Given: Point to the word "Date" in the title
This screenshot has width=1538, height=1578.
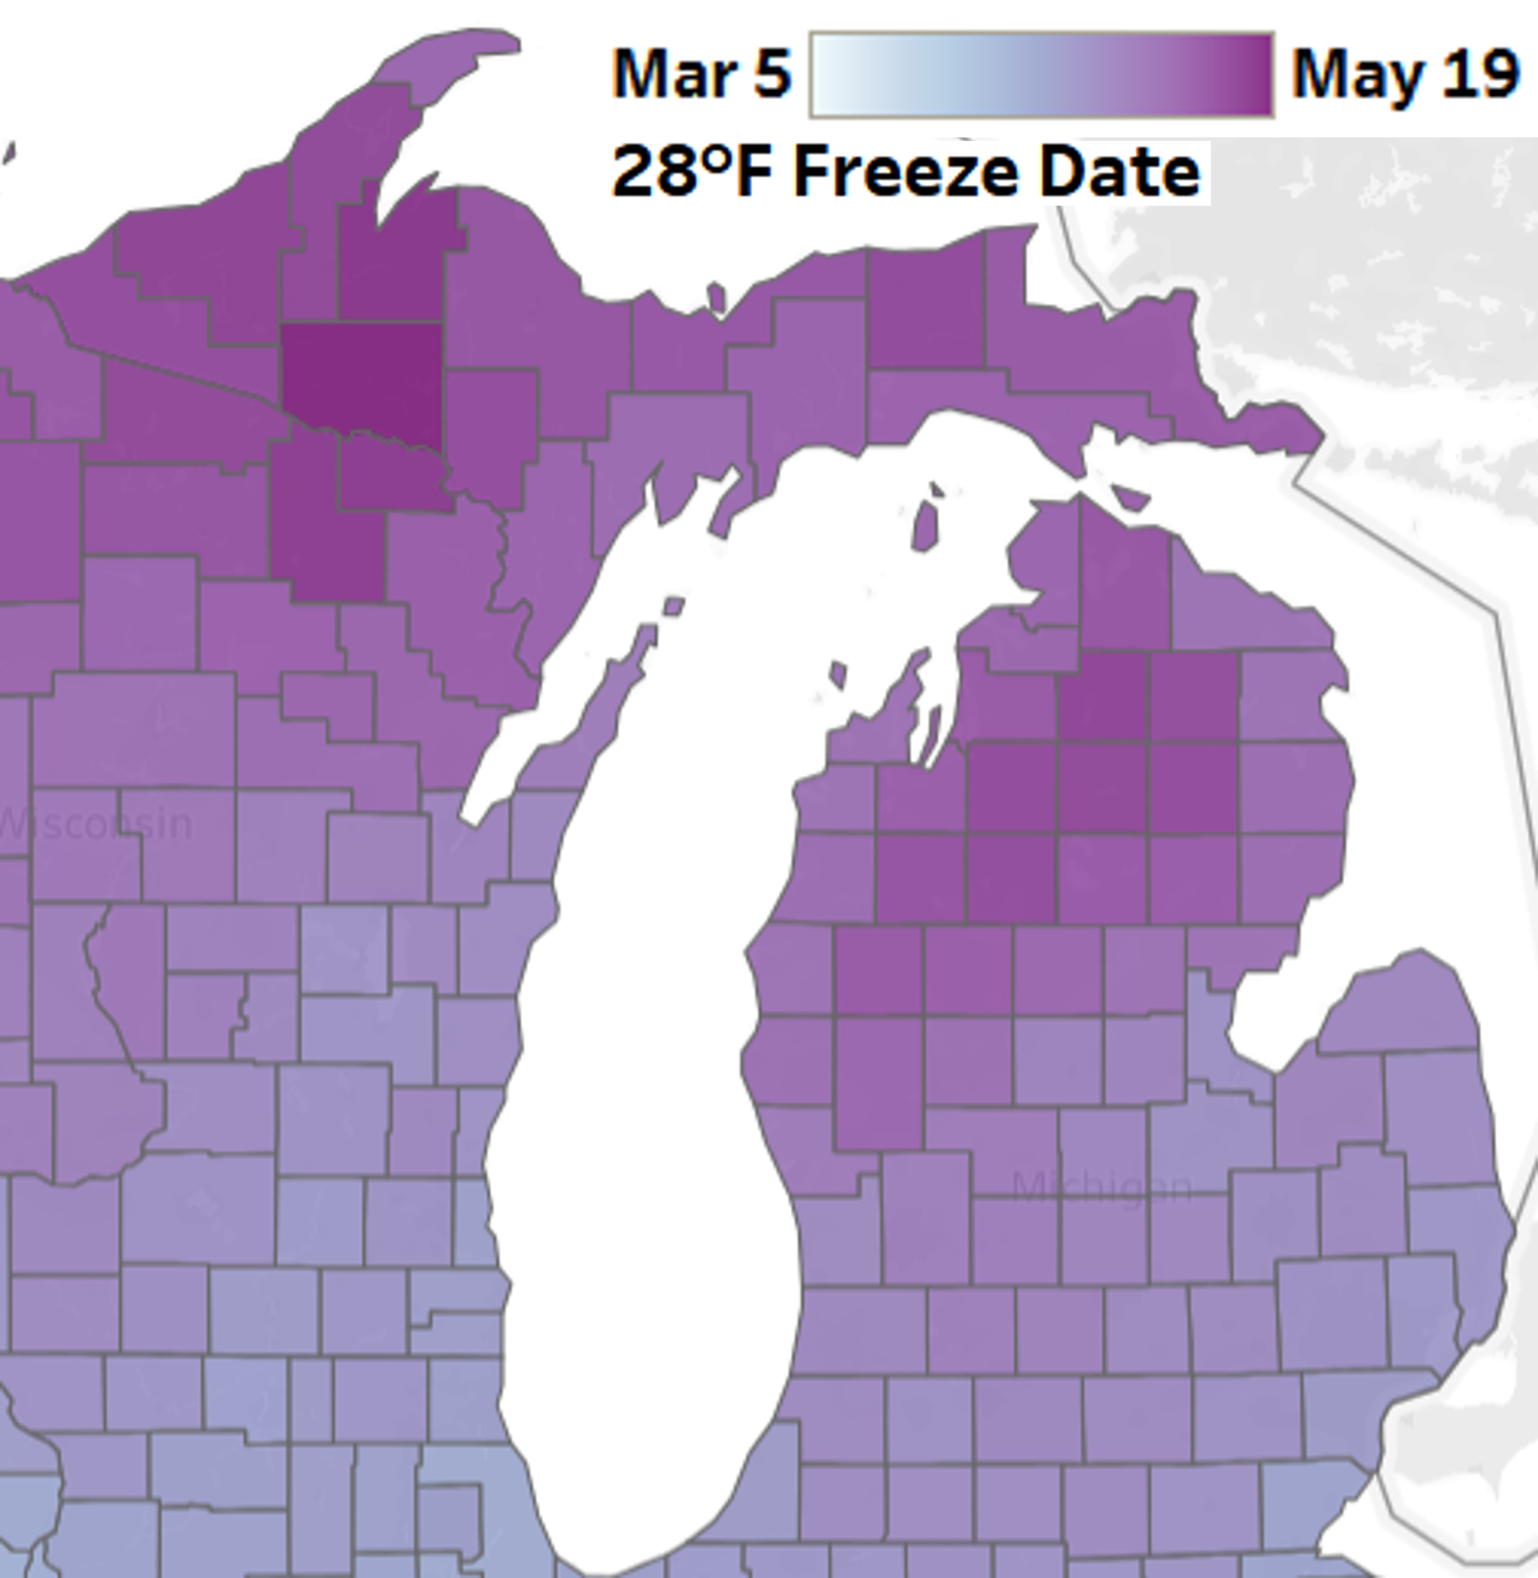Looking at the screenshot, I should pyautogui.click(x=1119, y=172).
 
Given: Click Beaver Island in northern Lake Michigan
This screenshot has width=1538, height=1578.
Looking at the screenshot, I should pyautogui.click(x=926, y=525).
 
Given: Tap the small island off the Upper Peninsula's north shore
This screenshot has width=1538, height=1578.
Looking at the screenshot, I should pyautogui.click(x=716, y=297).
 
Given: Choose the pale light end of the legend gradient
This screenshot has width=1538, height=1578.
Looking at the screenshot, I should pyautogui.click(x=824, y=75).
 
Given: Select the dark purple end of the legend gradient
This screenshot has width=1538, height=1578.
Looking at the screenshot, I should pyautogui.click(x=1260, y=75).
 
